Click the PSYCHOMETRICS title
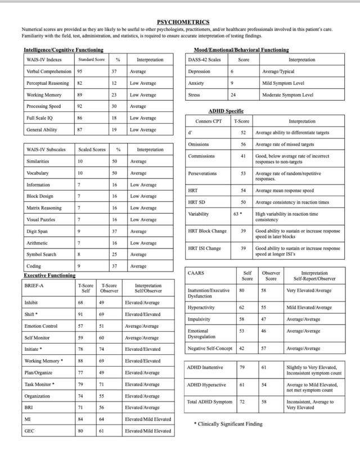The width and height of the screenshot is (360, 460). [x=179, y=21]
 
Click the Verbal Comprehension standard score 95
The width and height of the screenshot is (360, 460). [x=80, y=71]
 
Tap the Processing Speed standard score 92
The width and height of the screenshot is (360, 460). [x=80, y=106]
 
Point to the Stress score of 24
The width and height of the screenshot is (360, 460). [x=232, y=95]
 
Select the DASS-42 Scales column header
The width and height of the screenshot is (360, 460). [x=204, y=60]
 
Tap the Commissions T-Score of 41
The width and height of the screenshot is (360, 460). [x=243, y=156]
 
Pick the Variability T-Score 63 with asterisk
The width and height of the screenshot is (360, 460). [x=237, y=214]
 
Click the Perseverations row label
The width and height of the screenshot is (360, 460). [x=202, y=174]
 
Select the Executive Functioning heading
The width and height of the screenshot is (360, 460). [x=49, y=276]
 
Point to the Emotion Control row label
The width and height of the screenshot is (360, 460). [x=41, y=326]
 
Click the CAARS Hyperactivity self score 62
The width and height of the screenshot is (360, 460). [x=241, y=308]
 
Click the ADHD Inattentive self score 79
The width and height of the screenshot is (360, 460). [x=242, y=367]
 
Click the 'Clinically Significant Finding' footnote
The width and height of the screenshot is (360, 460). [x=228, y=423]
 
